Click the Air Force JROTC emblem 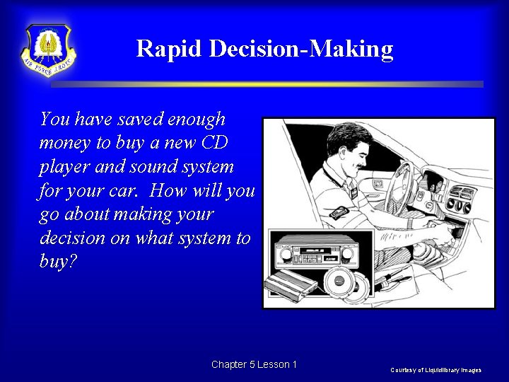[49, 49]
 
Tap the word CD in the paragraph [214, 142]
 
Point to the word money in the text [65, 142]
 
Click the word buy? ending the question [57, 262]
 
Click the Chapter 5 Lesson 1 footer [254, 364]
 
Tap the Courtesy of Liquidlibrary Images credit [435, 370]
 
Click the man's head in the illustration [351, 146]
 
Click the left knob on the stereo [286, 253]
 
